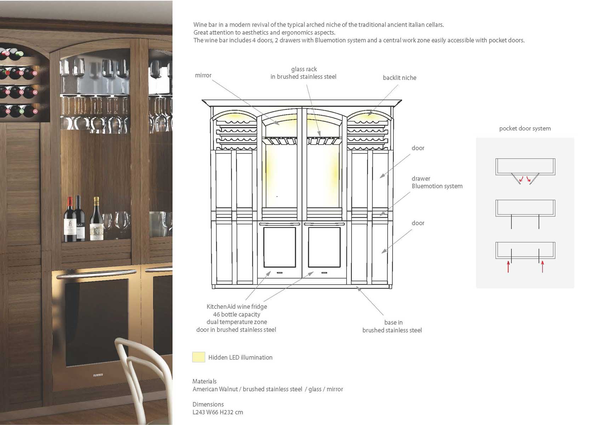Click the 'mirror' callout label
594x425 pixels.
click(x=203, y=75)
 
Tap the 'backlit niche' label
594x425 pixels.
click(x=399, y=78)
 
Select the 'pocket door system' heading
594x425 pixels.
click(x=525, y=129)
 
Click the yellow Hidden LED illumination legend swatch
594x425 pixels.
click(x=199, y=357)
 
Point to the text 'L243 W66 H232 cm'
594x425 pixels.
click(x=218, y=412)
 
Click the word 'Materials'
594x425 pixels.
click(x=205, y=381)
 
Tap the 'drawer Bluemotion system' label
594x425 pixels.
click(x=437, y=182)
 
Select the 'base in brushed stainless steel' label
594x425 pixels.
click(x=392, y=326)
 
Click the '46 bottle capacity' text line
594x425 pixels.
click(x=236, y=314)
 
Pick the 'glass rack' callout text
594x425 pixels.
click(x=304, y=69)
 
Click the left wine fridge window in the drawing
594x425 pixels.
click(x=280, y=247)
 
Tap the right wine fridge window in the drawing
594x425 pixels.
click(x=324, y=247)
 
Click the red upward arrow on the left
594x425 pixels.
click(x=508, y=267)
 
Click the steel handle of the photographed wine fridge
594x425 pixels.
click(x=96, y=274)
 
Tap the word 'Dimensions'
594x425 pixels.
click(x=208, y=404)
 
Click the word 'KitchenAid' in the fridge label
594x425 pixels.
click(x=221, y=307)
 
